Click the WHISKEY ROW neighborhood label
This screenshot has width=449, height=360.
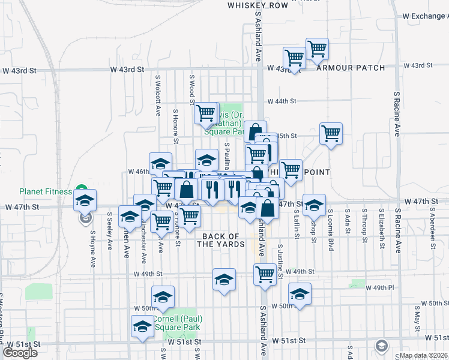pyautogui.click(x=258, y=5)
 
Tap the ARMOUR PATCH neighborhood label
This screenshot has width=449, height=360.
pyautogui.click(x=351, y=68)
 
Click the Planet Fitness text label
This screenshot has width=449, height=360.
pyautogui.click(x=46, y=191)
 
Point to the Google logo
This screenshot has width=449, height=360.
pyautogui.click(x=20, y=353)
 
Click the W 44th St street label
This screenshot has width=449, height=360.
pyautogui.click(x=282, y=101)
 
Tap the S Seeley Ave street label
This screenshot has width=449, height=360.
pyautogui.click(x=110, y=230)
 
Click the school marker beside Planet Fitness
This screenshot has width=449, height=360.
pyautogui.click(x=85, y=200)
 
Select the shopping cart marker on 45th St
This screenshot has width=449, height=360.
pyautogui.click(x=331, y=134)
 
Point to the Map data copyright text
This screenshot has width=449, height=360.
pyautogui.click(x=423, y=355)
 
